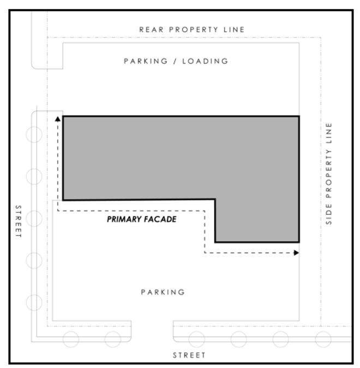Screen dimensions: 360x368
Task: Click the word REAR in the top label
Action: pyautogui.click(x=151, y=29)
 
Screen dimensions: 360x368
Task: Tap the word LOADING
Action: pyautogui.click(x=205, y=61)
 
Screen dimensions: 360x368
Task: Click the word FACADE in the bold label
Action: pyautogui.click(x=160, y=219)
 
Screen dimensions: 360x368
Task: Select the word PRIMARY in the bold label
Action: pyautogui.click(x=124, y=219)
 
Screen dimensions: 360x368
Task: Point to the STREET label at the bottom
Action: pyautogui.click(x=189, y=355)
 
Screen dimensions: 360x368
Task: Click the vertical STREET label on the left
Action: pyautogui.click(x=19, y=221)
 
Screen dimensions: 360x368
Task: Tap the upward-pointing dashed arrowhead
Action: pyautogui.click(x=57, y=119)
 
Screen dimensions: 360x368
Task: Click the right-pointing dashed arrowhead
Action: pyautogui.click(x=296, y=253)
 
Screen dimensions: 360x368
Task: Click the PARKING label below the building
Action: pyautogui.click(x=163, y=292)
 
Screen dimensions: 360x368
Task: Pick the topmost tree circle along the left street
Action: pyautogui.click(x=34, y=135)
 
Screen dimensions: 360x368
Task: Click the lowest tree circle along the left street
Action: pyautogui.click(x=34, y=303)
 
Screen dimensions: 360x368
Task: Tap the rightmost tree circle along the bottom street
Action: pyautogui.click(x=323, y=339)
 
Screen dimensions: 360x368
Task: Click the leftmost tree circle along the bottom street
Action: pyautogui.click(x=71, y=339)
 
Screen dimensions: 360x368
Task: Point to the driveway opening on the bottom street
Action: pyautogui.click(x=152, y=331)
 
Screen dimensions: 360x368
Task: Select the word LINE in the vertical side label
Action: pyautogui.click(x=329, y=133)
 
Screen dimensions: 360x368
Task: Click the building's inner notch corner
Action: pyautogui.click(x=215, y=200)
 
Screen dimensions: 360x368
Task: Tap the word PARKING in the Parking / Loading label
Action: pyautogui.click(x=146, y=61)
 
